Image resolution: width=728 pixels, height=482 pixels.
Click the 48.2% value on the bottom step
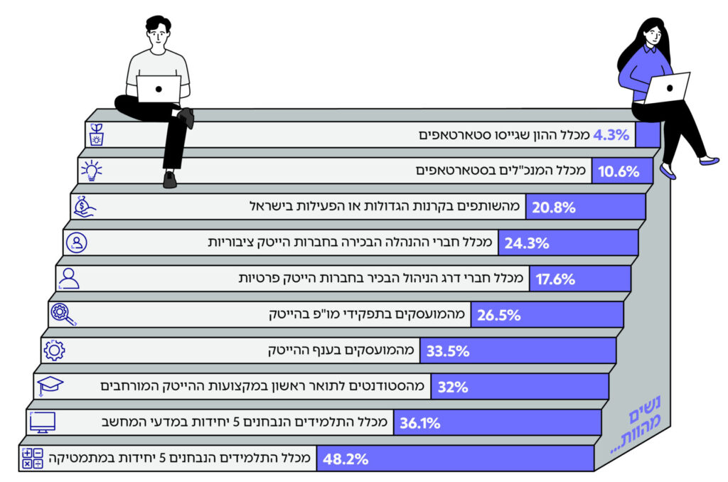[346, 459]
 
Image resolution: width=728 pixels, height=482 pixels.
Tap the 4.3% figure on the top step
[611, 134]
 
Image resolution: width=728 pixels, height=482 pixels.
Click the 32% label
[453, 387]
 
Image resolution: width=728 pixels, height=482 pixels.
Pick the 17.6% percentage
[555, 279]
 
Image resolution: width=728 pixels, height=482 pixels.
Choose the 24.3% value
[527, 243]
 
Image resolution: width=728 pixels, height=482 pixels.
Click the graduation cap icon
[50, 386]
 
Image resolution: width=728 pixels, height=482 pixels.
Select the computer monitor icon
[43, 422]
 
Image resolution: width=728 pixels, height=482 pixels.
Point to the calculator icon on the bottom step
[33, 459]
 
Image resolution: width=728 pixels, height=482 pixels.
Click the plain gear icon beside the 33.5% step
[54, 350]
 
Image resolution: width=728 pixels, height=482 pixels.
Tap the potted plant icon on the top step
[96, 134]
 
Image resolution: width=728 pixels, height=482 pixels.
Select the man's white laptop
[159, 88]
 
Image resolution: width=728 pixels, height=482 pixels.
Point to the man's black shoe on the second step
[169, 179]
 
